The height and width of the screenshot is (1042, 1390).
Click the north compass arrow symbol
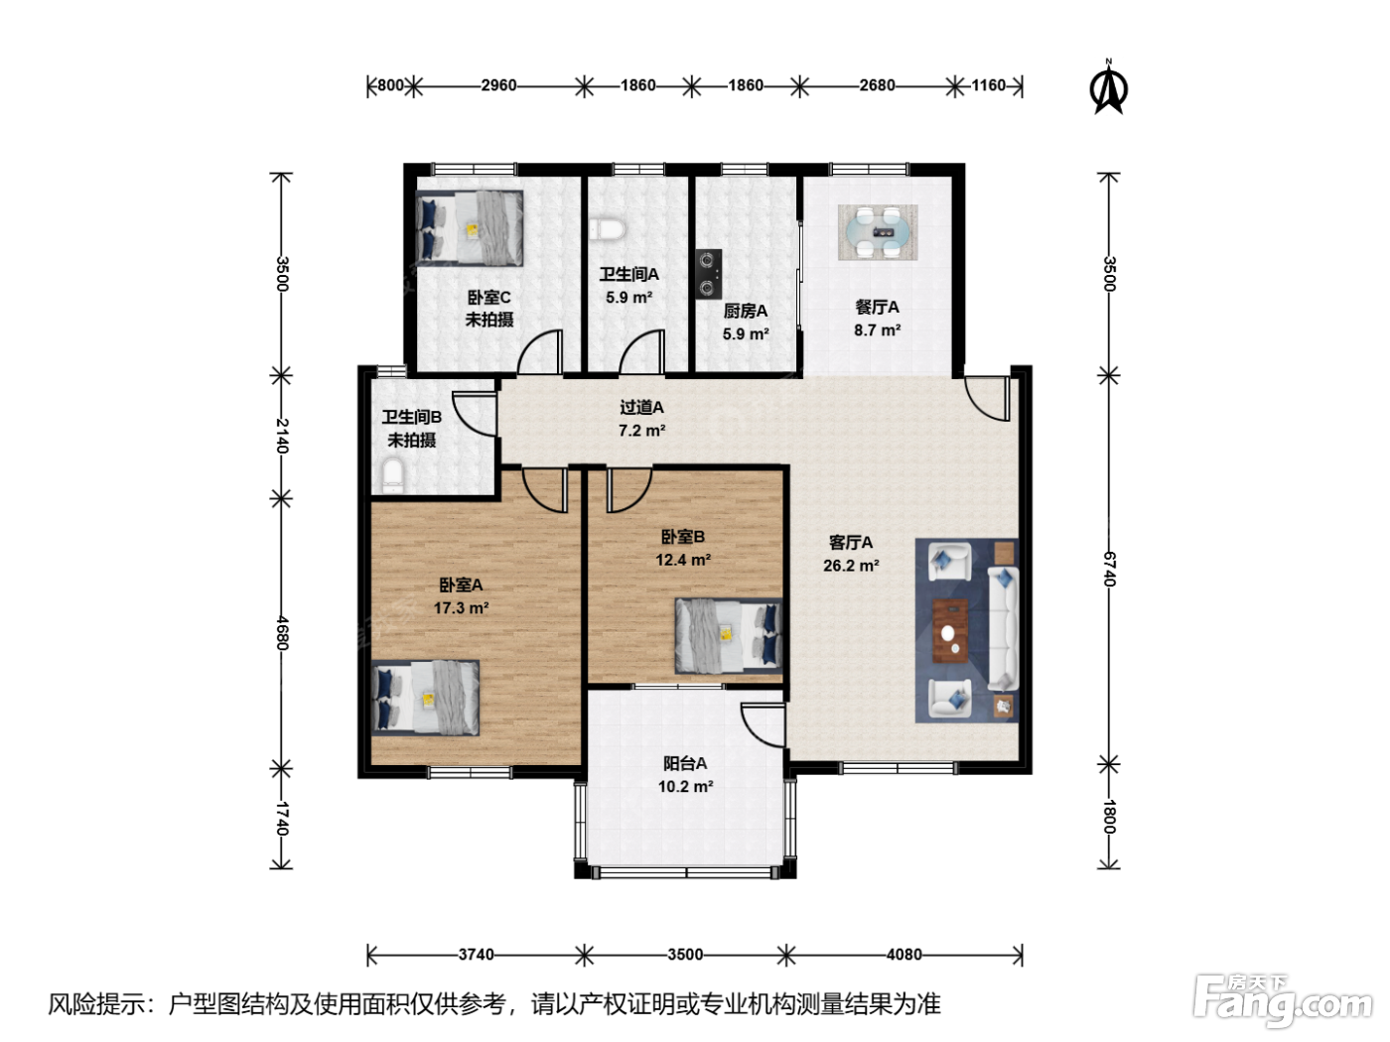[x=1108, y=87]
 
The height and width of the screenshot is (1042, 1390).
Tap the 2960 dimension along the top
[x=498, y=85]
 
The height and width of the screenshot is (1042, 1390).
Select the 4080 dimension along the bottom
[x=903, y=954]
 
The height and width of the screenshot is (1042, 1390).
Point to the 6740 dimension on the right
[x=1109, y=569]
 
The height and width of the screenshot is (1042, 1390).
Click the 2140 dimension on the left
[x=282, y=436]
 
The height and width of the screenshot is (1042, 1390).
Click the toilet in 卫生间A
[x=607, y=229]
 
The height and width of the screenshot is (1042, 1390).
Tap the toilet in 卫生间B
[x=392, y=477]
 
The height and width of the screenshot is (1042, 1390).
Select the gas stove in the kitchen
[x=708, y=274]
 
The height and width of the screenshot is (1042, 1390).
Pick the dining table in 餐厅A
[x=878, y=232]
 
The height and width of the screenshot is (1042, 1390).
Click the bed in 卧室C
[x=470, y=228]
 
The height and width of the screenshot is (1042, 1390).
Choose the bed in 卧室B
[x=728, y=636]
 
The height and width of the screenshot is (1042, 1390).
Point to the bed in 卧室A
[x=425, y=699]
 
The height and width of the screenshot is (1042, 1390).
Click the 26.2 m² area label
[x=851, y=566]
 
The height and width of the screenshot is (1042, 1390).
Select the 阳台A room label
[x=685, y=763]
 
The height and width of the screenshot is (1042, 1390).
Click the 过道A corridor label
[x=641, y=408]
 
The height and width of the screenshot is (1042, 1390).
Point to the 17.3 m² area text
[x=461, y=608]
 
